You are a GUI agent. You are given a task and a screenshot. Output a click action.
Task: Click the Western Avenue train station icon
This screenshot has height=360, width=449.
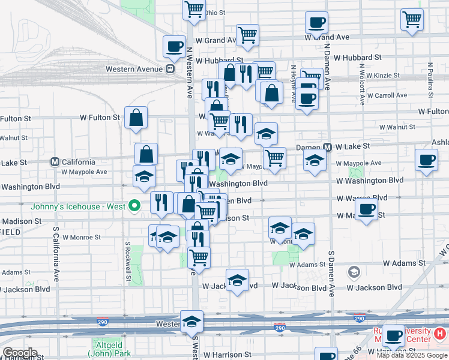[170, 69]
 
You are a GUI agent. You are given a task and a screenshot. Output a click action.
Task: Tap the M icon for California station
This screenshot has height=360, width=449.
[55, 162]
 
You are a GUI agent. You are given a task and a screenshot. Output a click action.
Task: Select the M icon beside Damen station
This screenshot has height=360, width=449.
[328, 146]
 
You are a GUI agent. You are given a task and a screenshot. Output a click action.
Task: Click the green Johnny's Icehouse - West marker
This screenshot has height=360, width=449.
[135, 207]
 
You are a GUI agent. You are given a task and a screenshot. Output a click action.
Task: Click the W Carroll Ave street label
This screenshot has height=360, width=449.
[387, 95]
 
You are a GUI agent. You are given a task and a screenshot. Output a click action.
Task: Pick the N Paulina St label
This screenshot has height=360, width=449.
[430, 80]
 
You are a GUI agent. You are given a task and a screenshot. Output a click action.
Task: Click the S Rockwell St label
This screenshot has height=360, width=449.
[128, 261]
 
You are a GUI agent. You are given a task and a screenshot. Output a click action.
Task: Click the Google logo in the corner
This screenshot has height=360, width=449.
[19, 353]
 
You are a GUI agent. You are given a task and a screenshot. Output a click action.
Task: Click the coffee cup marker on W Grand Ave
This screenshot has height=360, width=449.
[316, 23]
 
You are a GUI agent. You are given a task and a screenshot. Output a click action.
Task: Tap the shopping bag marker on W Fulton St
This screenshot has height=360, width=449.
[136, 118]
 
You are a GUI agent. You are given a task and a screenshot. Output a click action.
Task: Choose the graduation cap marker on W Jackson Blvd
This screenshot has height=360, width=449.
[238, 280]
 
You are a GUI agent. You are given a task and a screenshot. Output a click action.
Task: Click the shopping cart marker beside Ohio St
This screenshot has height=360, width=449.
[194, 9]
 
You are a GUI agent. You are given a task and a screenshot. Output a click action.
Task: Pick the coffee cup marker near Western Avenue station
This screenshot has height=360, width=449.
[174, 47]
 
